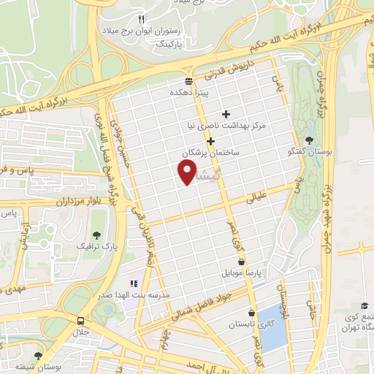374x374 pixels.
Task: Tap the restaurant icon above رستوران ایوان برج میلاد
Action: pyautogui.click(x=142, y=19)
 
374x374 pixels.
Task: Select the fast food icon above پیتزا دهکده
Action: pyautogui.click(x=188, y=81)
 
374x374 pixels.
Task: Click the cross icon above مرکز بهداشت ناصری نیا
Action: pyautogui.click(x=226, y=114)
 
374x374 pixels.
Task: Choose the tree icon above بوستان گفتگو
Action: pyautogui.click(x=310, y=140)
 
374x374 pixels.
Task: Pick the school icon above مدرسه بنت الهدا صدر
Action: pyautogui.click(x=133, y=283)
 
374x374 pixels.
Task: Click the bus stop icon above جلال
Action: pyautogui.click(x=80, y=320)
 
